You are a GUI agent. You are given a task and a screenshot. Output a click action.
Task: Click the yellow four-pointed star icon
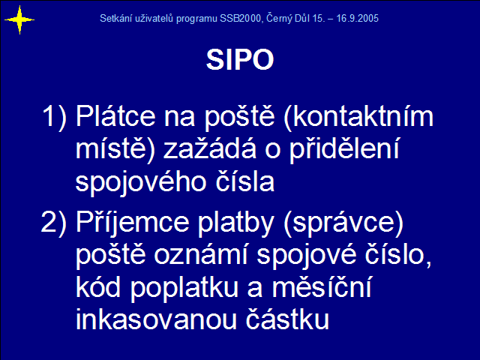[19, 20]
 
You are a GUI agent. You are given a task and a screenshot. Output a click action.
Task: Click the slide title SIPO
[240, 60]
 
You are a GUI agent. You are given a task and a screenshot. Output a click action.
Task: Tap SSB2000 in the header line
[240, 18]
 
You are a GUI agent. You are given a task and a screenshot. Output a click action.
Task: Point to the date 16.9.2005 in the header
[358, 18]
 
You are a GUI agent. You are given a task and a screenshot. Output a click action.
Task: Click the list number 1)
[55, 117]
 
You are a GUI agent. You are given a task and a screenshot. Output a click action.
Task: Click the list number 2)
[54, 223]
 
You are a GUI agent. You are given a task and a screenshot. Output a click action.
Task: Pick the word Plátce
[115, 116]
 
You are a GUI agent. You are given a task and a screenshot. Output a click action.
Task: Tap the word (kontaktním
[358, 117]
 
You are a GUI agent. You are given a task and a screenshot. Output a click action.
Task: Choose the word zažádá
[210, 148]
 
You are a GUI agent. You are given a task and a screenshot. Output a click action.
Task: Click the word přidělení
[345, 149]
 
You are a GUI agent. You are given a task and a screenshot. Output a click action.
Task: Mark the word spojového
[141, 182]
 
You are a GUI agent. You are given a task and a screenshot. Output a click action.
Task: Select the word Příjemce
[132, 223]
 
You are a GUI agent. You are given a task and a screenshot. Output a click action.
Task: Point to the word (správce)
[343, 223]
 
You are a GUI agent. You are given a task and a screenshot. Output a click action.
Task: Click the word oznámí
[200, 255]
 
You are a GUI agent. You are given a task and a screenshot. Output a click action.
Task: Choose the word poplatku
[184, 288]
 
